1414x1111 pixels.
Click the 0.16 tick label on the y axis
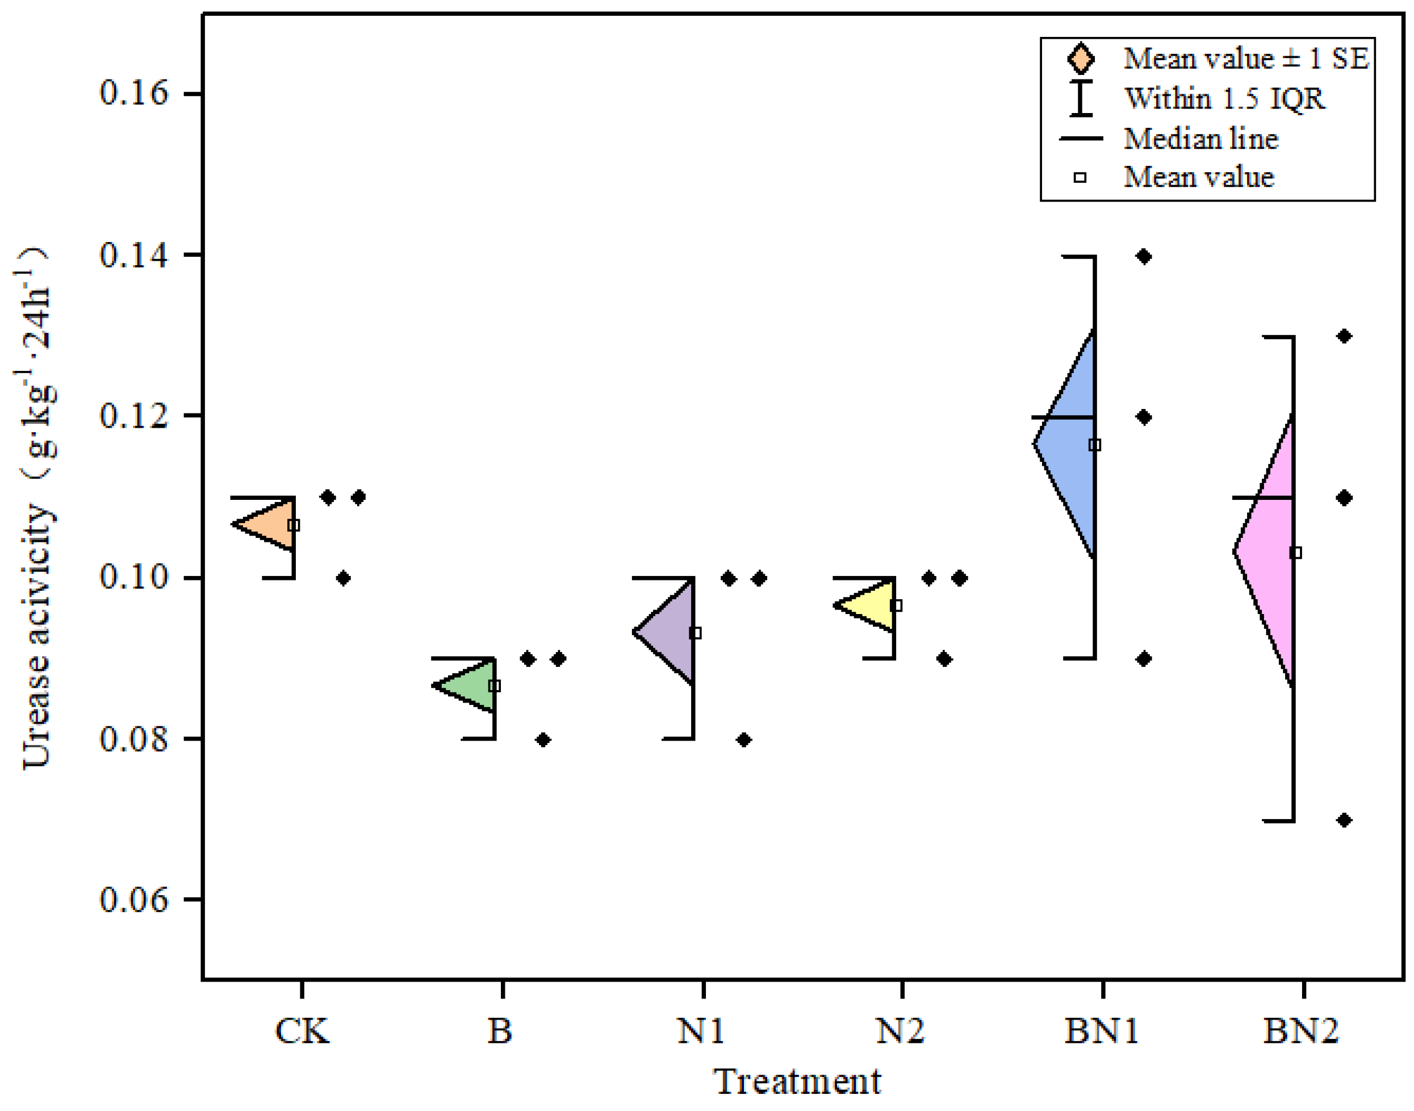(x=124, y=93)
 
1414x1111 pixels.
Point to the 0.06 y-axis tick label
(x=124, y=900)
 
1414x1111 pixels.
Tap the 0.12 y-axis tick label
(x=124, y=416)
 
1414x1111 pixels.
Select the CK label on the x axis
(x=302, y=1031)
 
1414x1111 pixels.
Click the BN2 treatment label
(x=1302, y=1031)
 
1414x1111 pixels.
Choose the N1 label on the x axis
(x=701, y=1031)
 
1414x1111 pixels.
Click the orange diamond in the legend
(x=1080, y=59)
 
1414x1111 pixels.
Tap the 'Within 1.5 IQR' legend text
(x=1224, y=99)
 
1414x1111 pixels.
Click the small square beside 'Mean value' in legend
(x=1080, y=177)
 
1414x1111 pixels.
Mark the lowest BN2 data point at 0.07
(x=1344, y=820)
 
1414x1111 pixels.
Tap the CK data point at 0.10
(x=344, y=578)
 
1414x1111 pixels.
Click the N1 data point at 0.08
(x=744, y=740)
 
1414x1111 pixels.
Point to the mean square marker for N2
(x=896, y=605)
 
